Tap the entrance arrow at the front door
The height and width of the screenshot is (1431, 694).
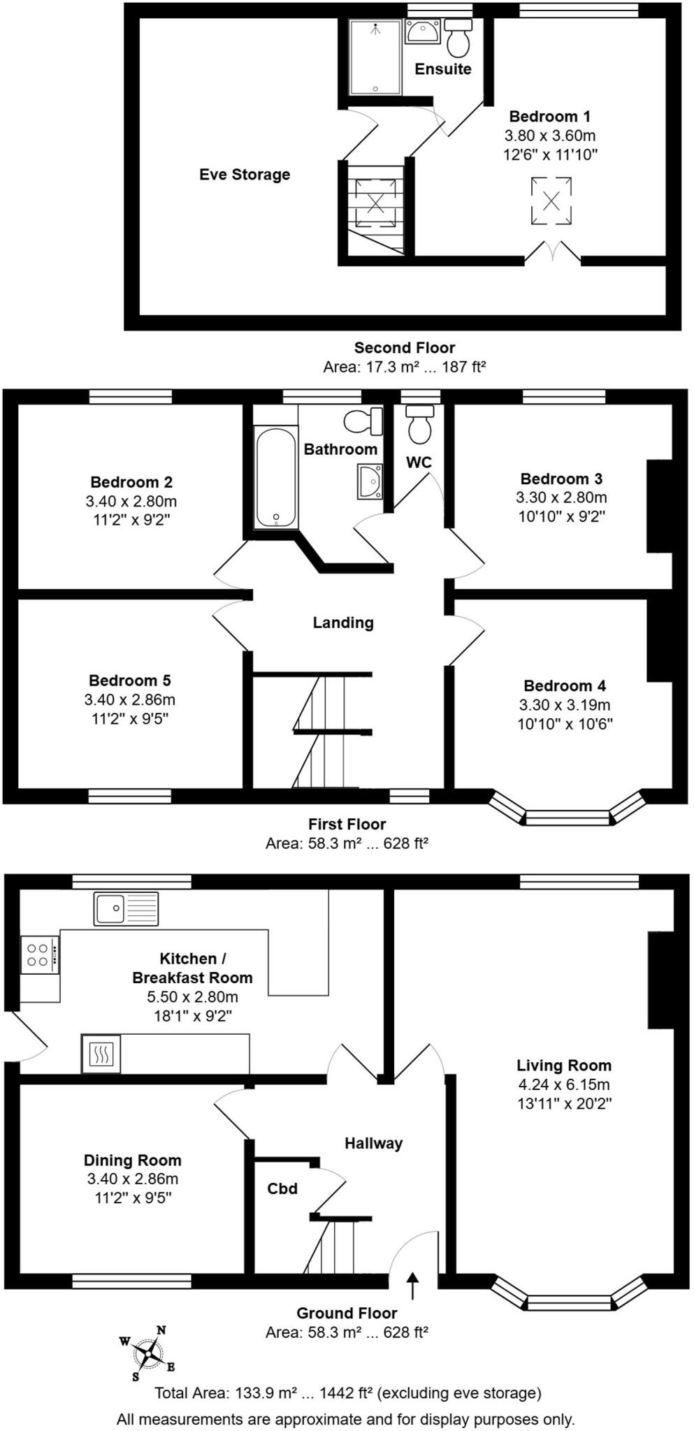412,1286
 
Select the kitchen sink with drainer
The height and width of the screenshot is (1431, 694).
126,908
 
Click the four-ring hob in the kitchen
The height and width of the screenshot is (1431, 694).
39,955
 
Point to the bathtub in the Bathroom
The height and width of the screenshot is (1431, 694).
275,478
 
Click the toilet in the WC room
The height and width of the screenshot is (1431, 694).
420,426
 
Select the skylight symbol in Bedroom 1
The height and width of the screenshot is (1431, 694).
551,201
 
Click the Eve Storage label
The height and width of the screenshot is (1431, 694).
245,175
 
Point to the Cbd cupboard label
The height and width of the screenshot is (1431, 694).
282,1189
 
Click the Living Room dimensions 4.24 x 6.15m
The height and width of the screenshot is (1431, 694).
564,1085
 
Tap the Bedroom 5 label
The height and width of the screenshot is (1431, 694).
129,680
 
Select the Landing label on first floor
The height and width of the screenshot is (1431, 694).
343,623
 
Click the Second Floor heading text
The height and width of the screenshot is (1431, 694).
404,347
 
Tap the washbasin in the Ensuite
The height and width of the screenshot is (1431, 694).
422,31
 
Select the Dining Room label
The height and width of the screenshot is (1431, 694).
133,1160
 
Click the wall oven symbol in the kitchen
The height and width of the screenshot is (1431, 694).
101,1053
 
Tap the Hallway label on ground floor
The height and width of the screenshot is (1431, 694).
373,1144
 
